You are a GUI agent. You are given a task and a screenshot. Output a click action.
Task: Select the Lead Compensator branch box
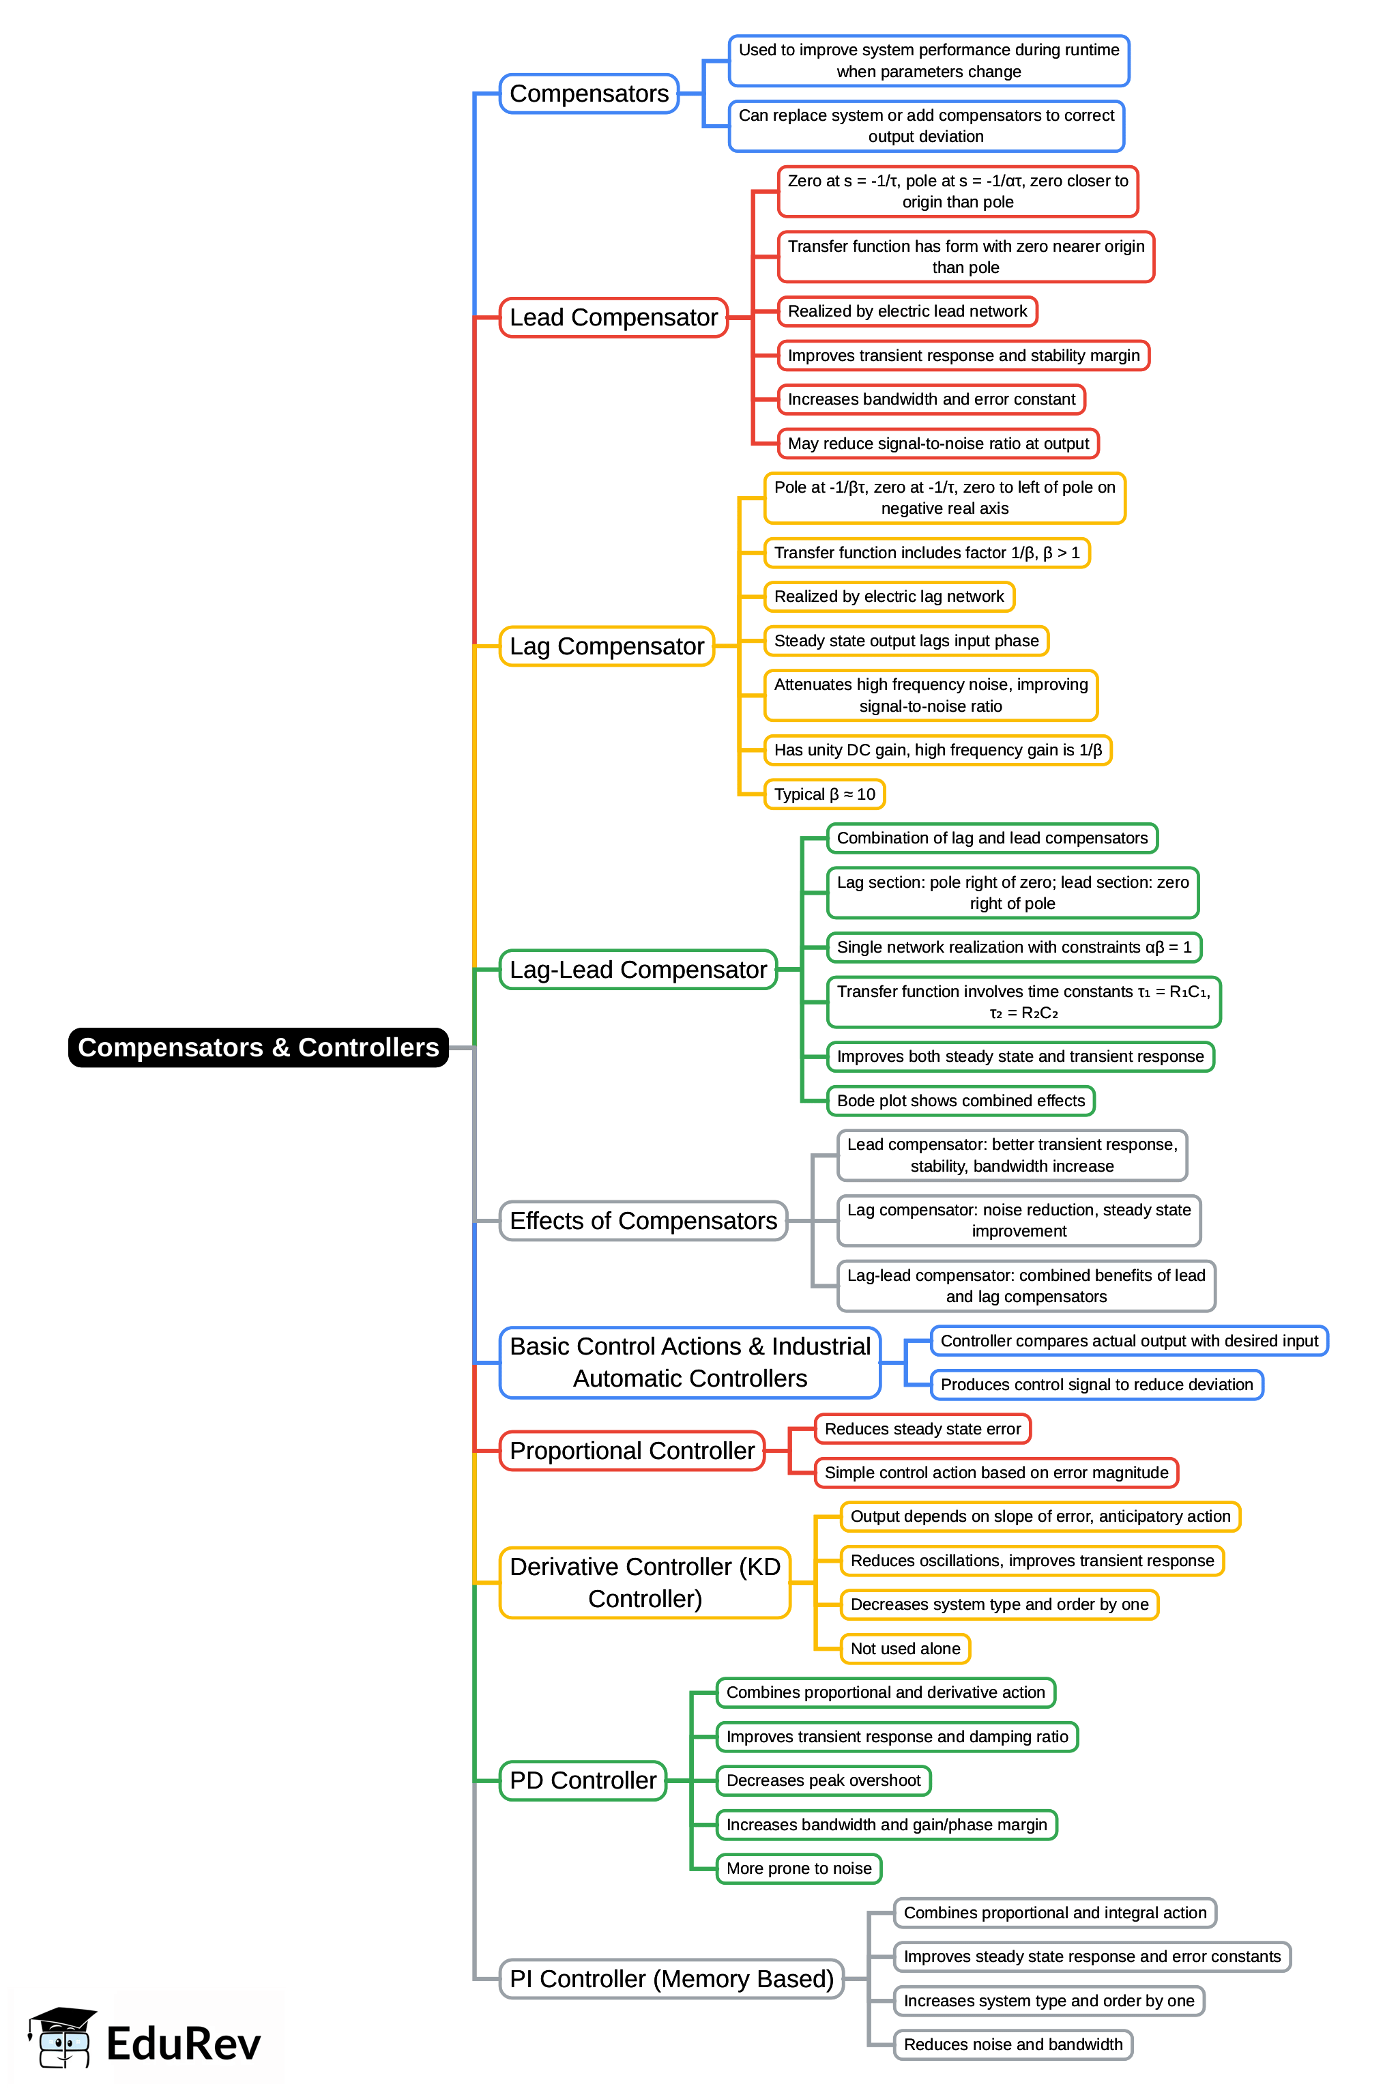613,317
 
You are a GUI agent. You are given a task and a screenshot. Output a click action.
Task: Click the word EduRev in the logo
184,2043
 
